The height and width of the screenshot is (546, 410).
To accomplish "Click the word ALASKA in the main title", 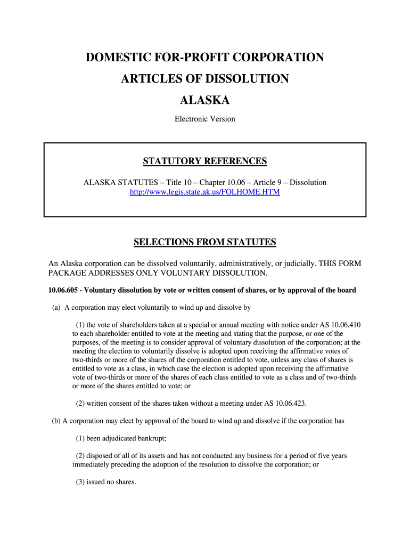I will pyautogui.click(x=205, y=100).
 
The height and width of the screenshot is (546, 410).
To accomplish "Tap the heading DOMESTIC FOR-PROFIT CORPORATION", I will pyautogui.click(x=205, y=57).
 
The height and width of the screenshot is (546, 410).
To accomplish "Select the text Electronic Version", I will pyautogui.click(x=205, y=119).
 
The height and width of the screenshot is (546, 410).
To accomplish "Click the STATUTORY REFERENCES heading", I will pyautogui.click(x=205, y=161).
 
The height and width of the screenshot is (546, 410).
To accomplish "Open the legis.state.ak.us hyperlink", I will pyautogui.click(x=205, y=192).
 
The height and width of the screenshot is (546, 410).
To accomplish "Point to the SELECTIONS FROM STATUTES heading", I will pyautogui.click(x=205, y=243).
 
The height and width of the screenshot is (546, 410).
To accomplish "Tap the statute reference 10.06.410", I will pyautogui.click(x=346, y=325).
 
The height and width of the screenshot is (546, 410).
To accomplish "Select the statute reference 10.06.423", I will pyautogui.click(x=288, y=403).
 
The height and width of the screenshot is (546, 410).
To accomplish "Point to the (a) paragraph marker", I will pyautogui.click(x=56, y=308).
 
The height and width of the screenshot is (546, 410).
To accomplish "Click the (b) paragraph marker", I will pyautogui.click(x=56, y=420).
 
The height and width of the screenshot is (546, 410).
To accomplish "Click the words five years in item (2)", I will pyautogui.click(x=333, y=456).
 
